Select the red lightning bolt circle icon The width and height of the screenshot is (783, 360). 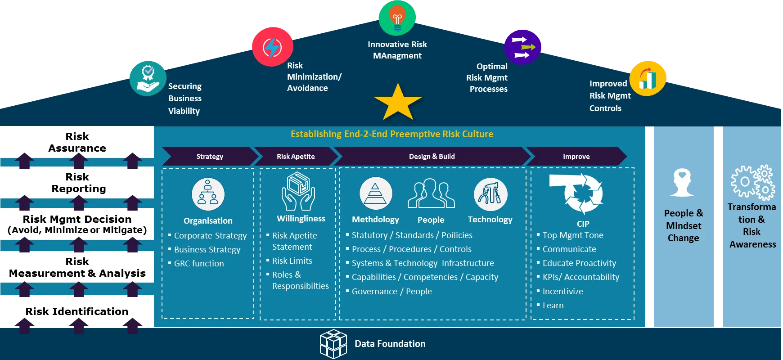click(x=273, y=47)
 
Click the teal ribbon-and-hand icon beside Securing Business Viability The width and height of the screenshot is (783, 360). click(x=148, y=78)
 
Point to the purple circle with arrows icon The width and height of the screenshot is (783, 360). click(x=522, y=47)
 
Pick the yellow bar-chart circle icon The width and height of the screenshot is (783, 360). click(x=648, y=79)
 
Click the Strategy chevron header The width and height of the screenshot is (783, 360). click(x=210, y=157)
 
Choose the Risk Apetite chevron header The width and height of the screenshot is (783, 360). click(x=296, y=157)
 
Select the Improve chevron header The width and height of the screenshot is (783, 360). click(x=576, y=157)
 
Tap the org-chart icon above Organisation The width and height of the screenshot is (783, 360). click(x=208, y=194)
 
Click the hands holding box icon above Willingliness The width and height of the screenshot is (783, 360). click(x=298, y=191)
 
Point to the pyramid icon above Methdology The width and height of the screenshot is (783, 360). click(x=376, y=193)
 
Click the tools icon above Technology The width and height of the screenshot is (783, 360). click(x=490, y=194)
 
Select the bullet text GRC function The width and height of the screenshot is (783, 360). click(x=199, y=264)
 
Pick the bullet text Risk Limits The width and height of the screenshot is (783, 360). click(x=292, y=261)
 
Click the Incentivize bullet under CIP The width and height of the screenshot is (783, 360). click(x=562, y=292)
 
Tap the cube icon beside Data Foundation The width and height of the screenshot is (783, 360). click(x=333, y=344)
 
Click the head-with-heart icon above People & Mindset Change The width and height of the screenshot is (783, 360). click(x=682, y=182)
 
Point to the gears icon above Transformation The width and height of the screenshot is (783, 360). click(x=753, y=182)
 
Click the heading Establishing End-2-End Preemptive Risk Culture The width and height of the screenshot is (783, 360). click(x=392, y=134)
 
